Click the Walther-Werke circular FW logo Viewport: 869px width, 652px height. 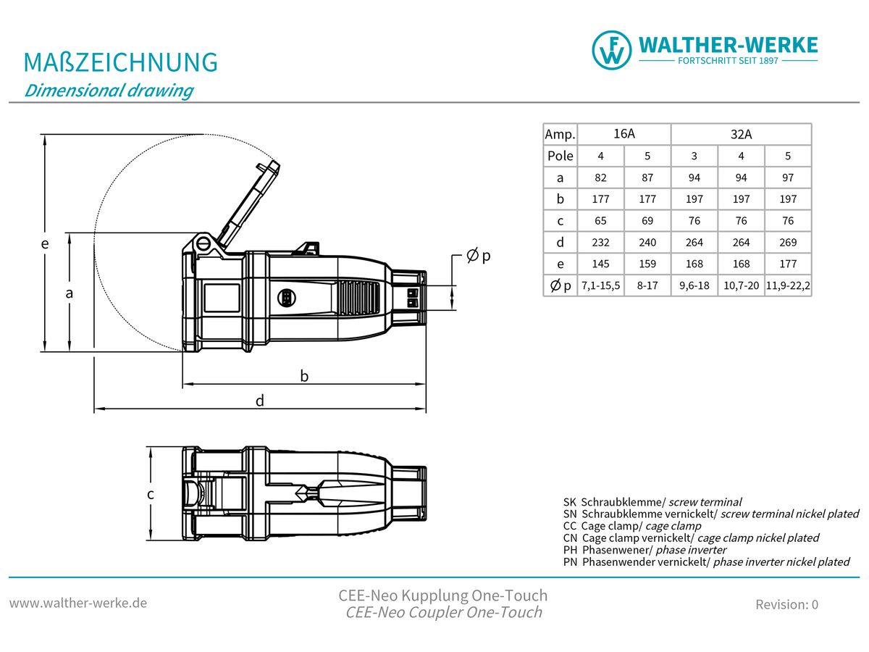click(612, 50)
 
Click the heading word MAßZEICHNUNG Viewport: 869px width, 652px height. click(121, 62)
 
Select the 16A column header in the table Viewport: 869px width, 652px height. click(624, 134)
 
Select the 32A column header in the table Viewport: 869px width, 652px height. click(741, 134)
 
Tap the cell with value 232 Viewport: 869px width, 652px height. click(600, 243)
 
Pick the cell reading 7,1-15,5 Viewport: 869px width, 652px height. click(600, 286)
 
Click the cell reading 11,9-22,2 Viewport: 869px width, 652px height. click(788, 286)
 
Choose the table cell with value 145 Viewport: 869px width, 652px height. click(600, 264)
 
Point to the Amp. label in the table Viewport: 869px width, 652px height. click(560, 135)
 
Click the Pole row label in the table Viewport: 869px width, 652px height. click(560, 156)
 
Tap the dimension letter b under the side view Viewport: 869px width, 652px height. click(305, 375)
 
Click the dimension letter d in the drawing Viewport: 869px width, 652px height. click(260, 400)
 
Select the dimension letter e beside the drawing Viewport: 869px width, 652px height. click(45, 244)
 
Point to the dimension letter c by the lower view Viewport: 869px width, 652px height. click(150, 494)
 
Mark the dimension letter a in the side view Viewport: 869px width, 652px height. click(70, 293)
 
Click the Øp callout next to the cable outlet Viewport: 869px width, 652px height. click(479, 256)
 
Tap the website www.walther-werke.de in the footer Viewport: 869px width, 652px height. click(78, 603)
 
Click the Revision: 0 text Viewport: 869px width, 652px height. click(786, 604)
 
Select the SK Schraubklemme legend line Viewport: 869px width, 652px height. click(652, 501)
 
